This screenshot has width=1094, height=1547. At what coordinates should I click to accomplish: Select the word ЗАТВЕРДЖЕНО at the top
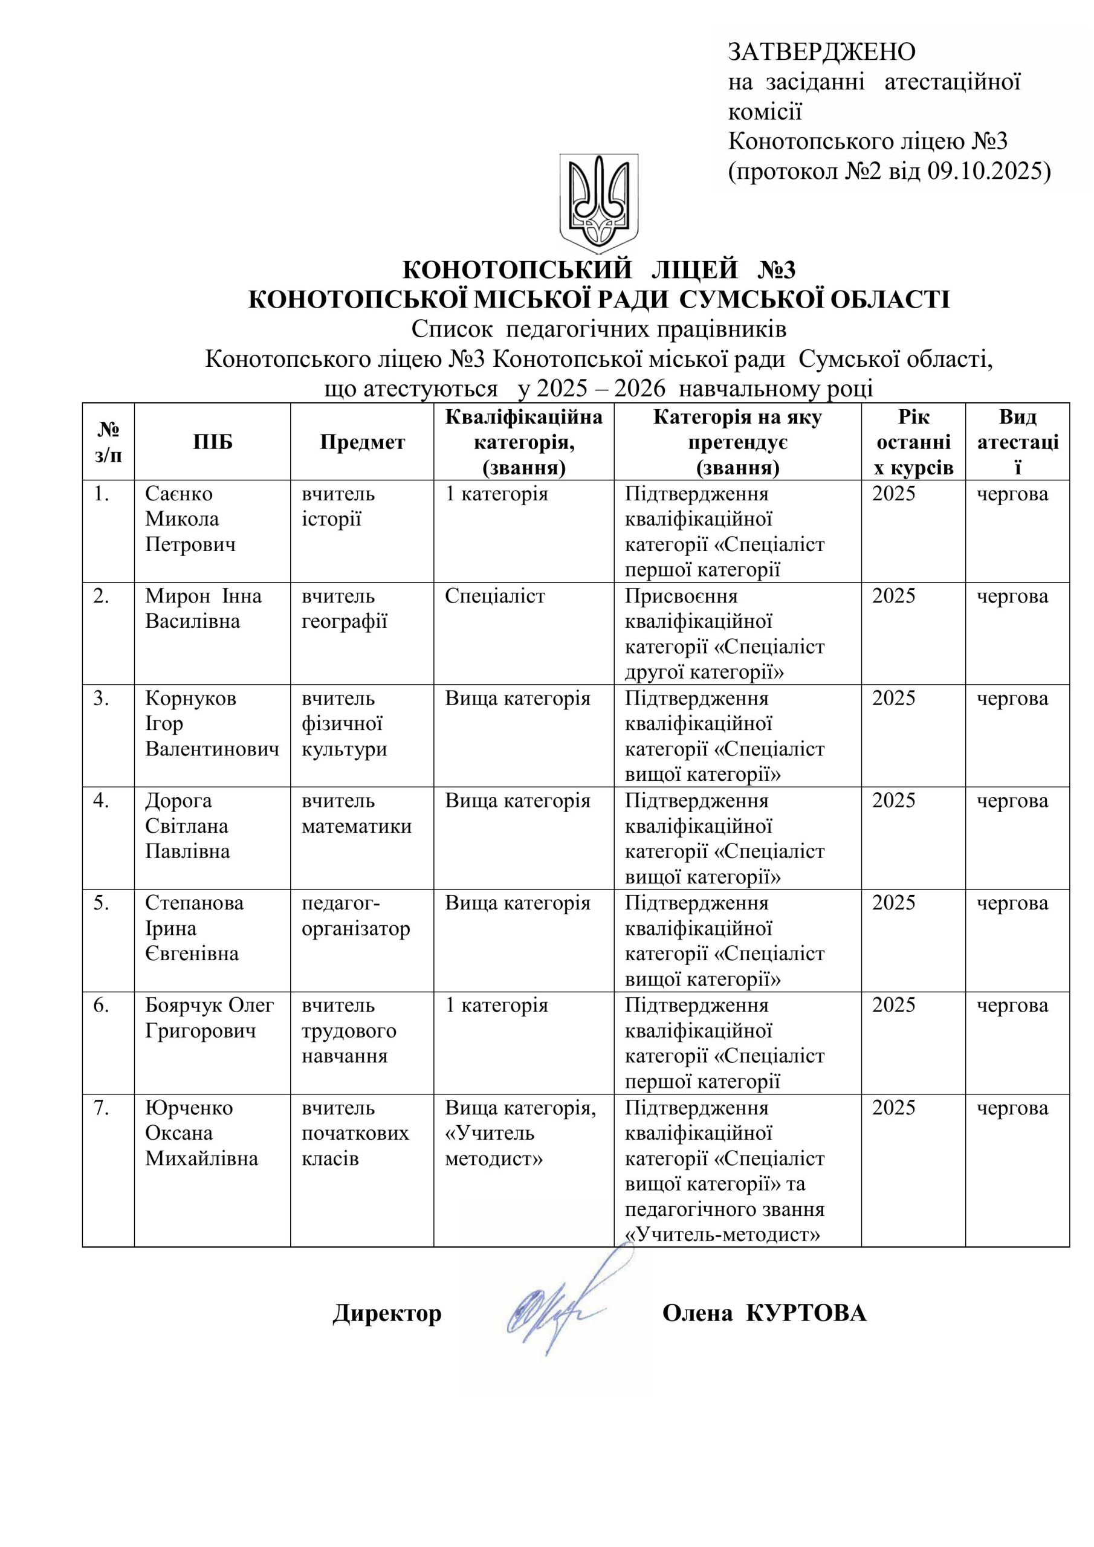(x=821, y=52)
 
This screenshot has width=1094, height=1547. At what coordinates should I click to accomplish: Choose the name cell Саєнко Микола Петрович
(x=191, y=519)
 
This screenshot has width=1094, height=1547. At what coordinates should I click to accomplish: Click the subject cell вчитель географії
(x=344, y=609)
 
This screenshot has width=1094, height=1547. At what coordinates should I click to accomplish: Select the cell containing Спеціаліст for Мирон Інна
(x=495, y=596)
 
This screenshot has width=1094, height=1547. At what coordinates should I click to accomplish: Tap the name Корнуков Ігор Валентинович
(x=212, y=723)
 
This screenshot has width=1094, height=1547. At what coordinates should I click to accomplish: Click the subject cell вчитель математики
(x=356, y=813)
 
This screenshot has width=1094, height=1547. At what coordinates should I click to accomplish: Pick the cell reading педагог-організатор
(x=355, y=916)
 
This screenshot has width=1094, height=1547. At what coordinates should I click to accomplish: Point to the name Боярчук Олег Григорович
(x=210, y=1018)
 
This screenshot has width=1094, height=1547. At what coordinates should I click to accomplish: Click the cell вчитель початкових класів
(x=355, y=1133)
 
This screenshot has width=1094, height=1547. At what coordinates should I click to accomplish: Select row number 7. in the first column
(x=102, y=1108)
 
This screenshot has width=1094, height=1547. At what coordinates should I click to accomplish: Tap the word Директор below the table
(x=387, y=1313)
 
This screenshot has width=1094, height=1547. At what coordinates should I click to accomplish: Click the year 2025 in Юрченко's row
(x=894, y=1108)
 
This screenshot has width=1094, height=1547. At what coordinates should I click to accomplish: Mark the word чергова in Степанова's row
(x=1012, y=903)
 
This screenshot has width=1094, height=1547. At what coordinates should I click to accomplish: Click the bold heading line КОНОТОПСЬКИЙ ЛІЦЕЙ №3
(x=598, y=270)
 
